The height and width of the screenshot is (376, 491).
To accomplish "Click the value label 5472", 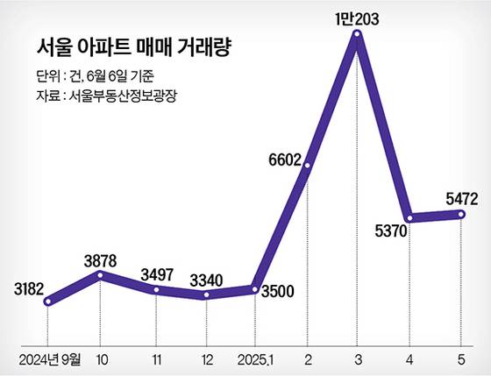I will tap(460, 200).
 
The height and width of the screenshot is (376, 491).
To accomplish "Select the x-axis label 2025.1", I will tap(254, 358).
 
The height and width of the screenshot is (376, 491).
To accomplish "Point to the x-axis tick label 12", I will tap(206, 358).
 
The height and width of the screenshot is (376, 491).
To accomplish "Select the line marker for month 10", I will tap(101, 275).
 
